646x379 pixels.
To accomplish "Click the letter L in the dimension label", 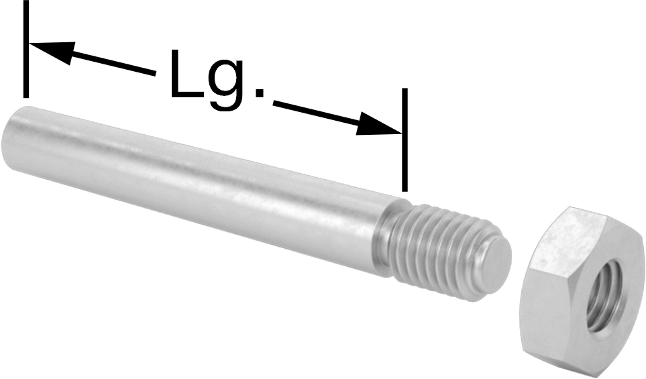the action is click(185, 74).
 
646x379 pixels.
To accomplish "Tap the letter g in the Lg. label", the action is click(229, 85).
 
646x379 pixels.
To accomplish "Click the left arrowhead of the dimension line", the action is click(52, 52).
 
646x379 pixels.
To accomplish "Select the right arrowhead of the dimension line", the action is click(379, 123).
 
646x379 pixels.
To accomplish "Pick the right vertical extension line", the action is click(405, 140).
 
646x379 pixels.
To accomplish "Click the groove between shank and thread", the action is click(387, 243).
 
